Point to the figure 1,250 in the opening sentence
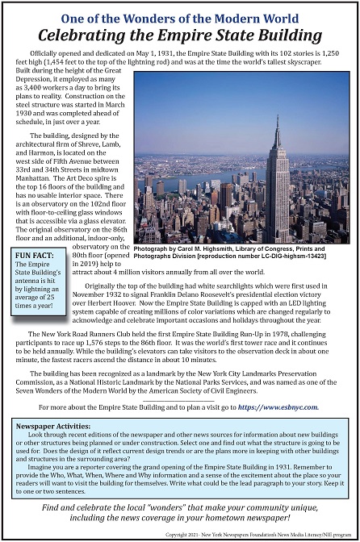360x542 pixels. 341,52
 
